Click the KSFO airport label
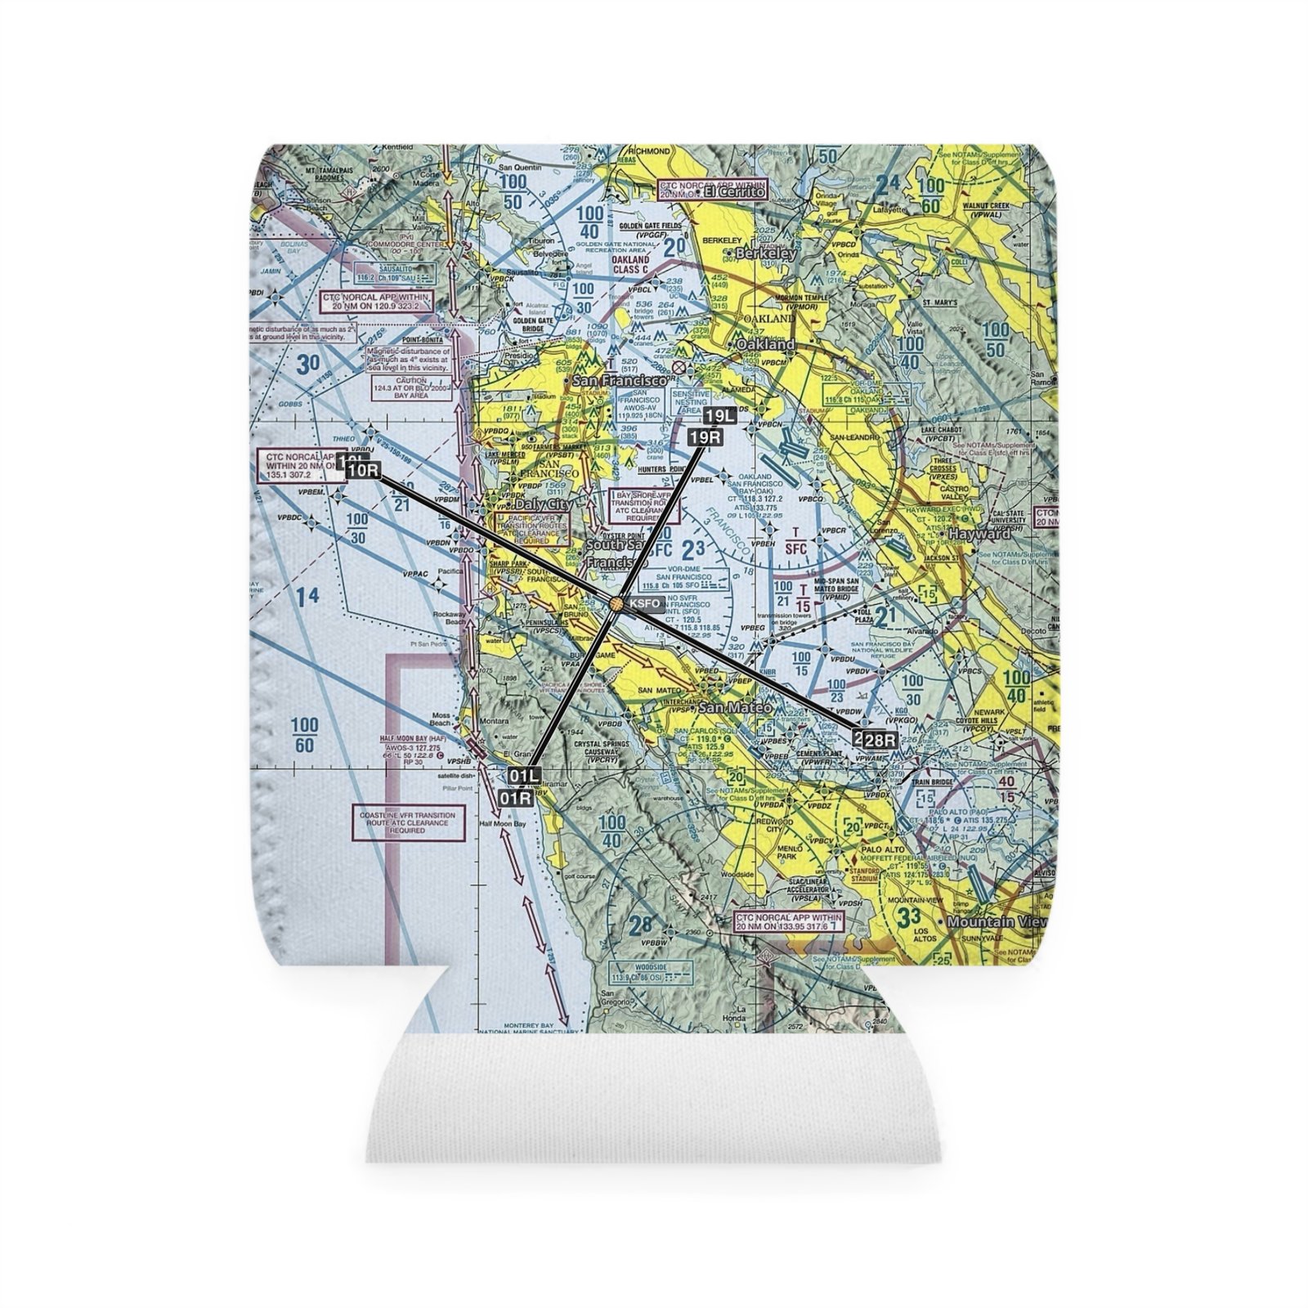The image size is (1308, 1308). (x=644, y=604)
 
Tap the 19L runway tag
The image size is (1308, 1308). (x=720, y=416)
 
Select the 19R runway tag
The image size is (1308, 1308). (x=705, y=437)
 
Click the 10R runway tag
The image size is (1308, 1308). (x=363, y=470)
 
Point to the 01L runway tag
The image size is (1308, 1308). (x=523, y=775)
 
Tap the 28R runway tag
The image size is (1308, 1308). (x=880, y=740)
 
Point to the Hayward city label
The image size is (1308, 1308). (x=979, y=534)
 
